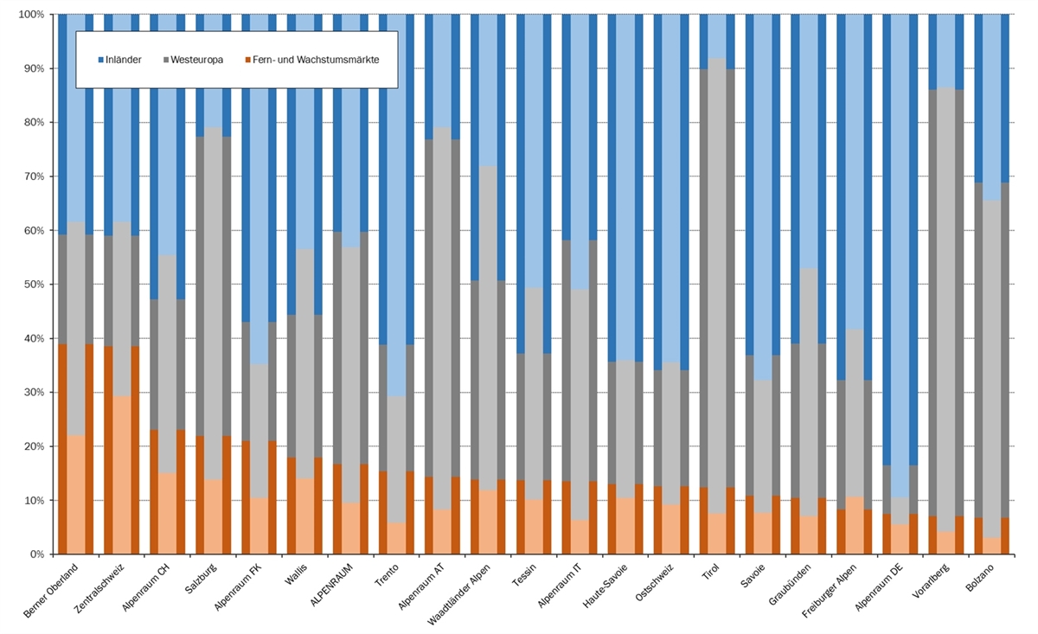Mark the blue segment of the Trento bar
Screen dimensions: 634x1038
pyautogui.click(x=396, y=173)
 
